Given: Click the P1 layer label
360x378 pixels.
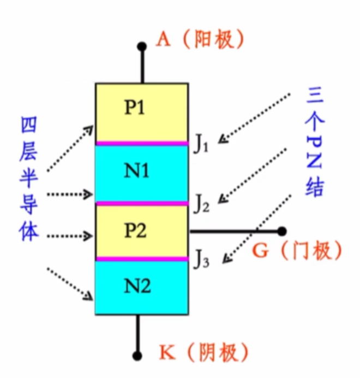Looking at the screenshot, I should click(135, 107).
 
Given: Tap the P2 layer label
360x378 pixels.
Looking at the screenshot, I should click(135, 231).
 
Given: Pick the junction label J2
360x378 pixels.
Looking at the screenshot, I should click(201, 205).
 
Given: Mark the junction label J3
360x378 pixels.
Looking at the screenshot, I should click(201, 260).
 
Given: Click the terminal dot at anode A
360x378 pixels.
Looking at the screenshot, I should click(142, 47).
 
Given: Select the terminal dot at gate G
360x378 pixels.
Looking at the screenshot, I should click(281, 231).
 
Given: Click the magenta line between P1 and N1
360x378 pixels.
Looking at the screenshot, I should click(142, 143).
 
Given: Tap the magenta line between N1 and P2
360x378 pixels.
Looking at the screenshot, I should click(142, 203).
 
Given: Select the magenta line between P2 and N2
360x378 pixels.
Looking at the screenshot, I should click(142, 259).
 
